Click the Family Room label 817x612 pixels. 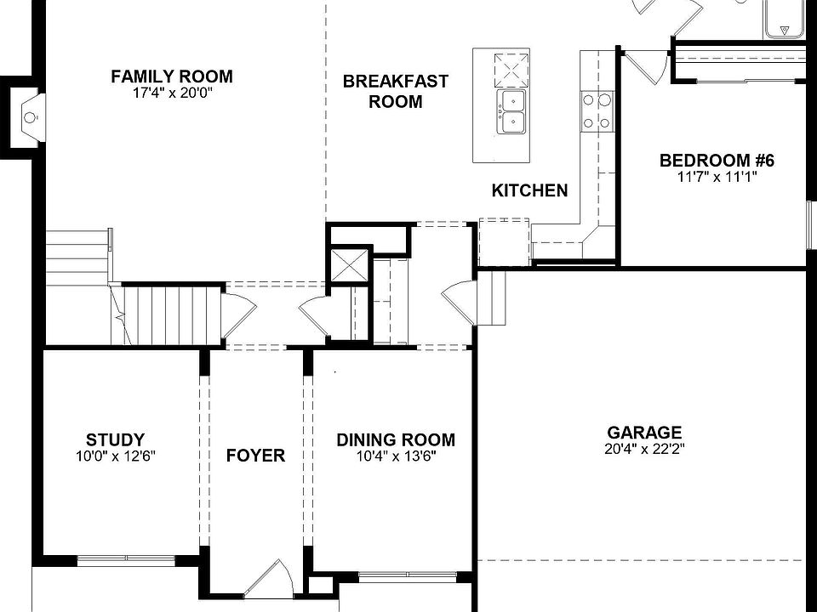[x=171, y=77]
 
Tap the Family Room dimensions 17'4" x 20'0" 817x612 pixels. [x=171, y=93]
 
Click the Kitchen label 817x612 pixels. [x=529, y=190]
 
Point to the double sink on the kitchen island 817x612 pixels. [x=512, y=112]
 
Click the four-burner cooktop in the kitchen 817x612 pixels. [x=597, y=111]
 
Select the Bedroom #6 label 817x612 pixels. [x=717, y=161]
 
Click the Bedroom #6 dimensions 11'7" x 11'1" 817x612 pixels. [x=717, y=177]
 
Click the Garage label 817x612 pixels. [x=644, y=433]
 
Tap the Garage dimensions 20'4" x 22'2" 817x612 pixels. [x=644, y=449]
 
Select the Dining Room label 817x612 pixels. [x=396, y=440]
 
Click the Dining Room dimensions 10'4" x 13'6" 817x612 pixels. [x=396, y=456]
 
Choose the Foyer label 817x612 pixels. [x=255, y=456]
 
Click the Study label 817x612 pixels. [x=115, y=440]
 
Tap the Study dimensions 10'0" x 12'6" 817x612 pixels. [x=115, y=456]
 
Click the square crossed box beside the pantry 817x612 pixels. [x=350, y=265]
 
